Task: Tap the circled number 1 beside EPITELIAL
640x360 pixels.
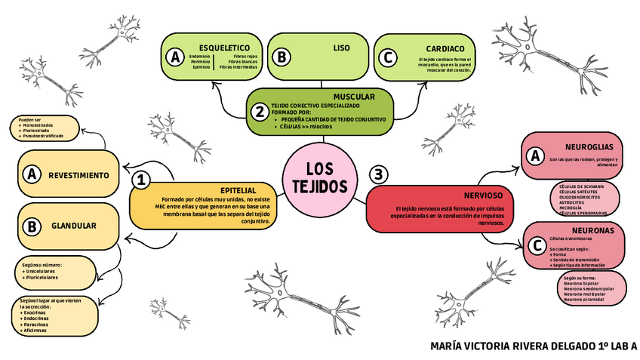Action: pyautogui.click(x=140, y=180)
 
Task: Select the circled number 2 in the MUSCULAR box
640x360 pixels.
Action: pyautogui.click(x=259, y=112)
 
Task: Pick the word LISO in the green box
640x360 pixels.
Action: pyautogui.click(x=341, y=48)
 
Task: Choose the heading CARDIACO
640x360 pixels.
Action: pyautogui.click(x=445, y=48)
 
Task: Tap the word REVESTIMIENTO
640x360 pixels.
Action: pyautogui.click(x=79, y=175)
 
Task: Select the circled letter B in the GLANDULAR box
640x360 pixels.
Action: pyautogui.click(x=32, y=226)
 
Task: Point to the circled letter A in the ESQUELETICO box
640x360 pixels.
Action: pyautogui.click(x=175, y=57)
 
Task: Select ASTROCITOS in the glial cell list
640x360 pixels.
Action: pyautogui.click(x=571, y=202)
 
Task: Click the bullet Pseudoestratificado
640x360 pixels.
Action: pyautogui.click(x=44, y=137)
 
